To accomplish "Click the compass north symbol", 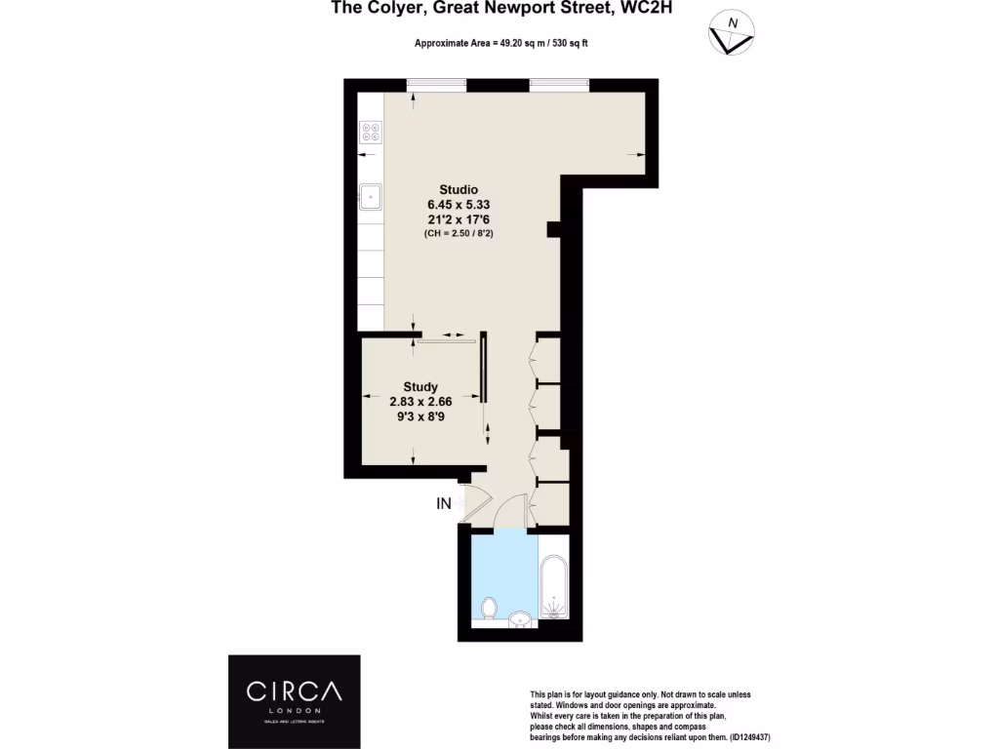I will [x=731, y=33].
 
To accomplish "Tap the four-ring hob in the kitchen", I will [x=371, y=132].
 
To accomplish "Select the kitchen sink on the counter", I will [x=371, y=197].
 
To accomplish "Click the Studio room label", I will [x=458, y=188].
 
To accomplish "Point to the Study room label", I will [x=420, y=386].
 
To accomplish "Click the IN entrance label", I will [x=444, y=504].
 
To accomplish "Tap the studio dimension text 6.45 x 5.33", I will [x=458, y=204].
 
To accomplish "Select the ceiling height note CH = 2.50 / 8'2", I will [x=458, y=235].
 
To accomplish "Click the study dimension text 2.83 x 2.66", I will [x=420, y=402].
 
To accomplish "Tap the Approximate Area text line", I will [x=500, y=44].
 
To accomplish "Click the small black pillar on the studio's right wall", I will [x=553, y=229].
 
